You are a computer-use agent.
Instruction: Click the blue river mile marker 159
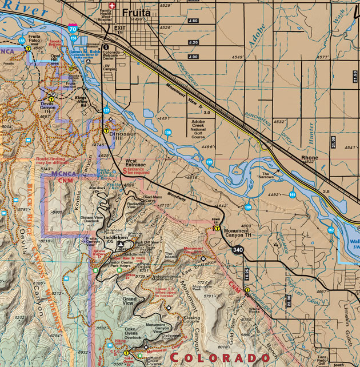[x=210, y=162]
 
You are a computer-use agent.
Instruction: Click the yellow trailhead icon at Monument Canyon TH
[x=217, y=228]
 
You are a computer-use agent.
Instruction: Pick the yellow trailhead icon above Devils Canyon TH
[x=51, y=99]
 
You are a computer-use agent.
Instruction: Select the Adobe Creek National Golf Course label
[x=205, y=129]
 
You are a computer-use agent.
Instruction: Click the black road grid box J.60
[x=193, y=21]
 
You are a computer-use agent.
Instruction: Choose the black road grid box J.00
[x=193, y=57]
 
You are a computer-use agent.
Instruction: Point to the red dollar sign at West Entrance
[x=125, y=170]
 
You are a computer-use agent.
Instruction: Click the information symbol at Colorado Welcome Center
[x=106, y=47]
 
